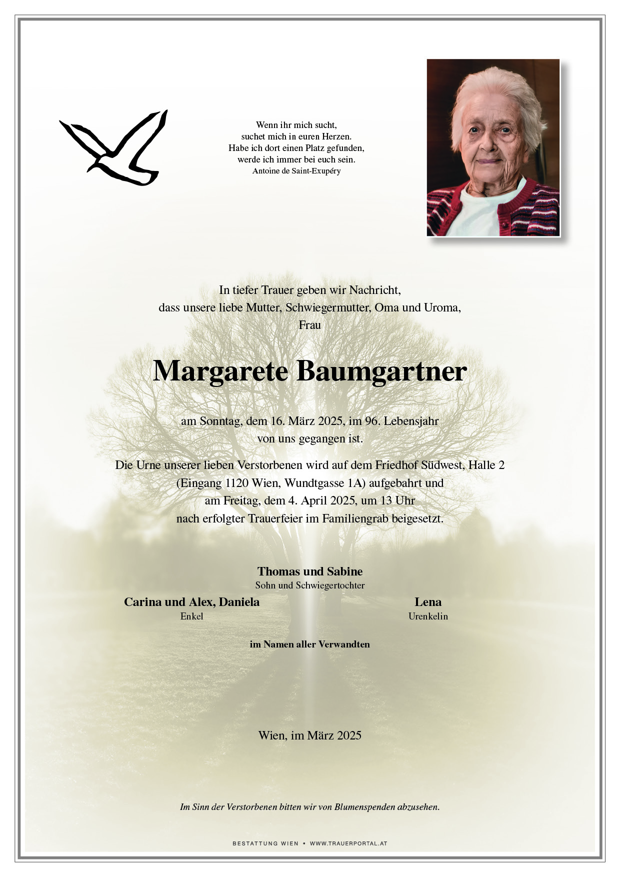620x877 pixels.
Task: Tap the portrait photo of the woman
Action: click(493, 147)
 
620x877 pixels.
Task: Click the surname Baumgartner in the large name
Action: click(381, 371)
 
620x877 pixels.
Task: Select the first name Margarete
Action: click(220, 371)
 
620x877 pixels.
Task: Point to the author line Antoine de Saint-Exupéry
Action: click(296, 171)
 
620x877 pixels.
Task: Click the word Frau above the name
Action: click(309, 325)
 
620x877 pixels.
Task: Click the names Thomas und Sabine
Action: click(309, 571)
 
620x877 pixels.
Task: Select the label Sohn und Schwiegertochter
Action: click(309, 585)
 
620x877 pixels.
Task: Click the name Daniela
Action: click(239, 602)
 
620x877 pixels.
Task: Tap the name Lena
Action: click(428, 602)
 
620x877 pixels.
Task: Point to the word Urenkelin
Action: click(428, 616)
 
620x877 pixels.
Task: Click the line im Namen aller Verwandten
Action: click(309, 644)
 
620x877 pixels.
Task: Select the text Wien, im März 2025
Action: click(309, 735)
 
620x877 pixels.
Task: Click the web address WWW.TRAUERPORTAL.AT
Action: click(348, 843)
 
